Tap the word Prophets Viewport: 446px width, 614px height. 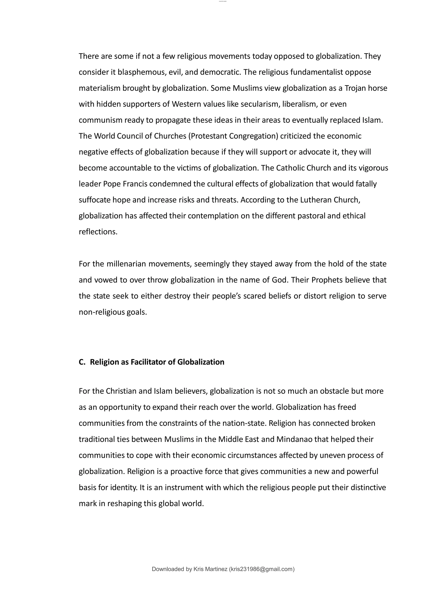(x=327, y=280)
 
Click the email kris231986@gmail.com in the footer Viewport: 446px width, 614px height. (x=262, y=569)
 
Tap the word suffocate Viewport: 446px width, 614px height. (x=95, y=200)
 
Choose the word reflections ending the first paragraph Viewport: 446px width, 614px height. (x=98, y=232)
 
